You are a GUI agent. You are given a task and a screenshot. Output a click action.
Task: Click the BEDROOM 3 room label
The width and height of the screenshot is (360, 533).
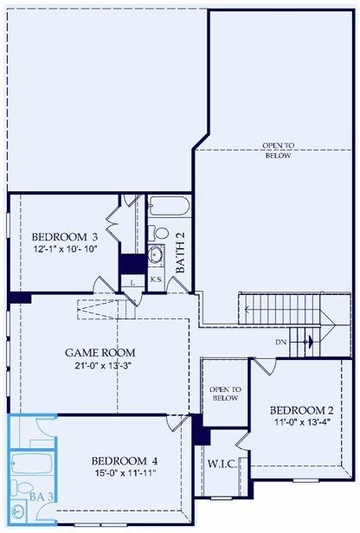(64, 236)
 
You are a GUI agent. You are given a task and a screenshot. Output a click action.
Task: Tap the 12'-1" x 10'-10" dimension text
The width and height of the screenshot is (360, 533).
(64, 249)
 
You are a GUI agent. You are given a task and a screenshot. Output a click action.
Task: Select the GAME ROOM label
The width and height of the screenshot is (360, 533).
(100, 353)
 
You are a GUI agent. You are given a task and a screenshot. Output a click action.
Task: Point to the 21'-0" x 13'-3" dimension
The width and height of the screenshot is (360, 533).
(100, 366)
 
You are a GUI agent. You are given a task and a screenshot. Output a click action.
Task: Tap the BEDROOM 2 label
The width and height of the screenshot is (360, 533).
(301, 409)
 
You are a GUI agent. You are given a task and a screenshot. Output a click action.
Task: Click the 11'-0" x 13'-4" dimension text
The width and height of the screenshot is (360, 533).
(301, 423)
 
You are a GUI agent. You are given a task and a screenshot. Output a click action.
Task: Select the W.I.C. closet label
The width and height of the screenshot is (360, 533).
(221, 463)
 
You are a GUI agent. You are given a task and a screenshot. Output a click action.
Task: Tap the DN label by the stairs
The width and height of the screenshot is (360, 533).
(280, 343)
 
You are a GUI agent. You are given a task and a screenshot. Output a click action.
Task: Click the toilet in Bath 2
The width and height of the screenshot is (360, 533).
(158, 233)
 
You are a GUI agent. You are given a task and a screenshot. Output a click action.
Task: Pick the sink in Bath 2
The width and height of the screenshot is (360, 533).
(157, 254)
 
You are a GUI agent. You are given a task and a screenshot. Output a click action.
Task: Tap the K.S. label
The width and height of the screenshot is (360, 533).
(157, 280)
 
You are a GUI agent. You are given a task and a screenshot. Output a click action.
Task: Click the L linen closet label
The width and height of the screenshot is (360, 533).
(132, 281)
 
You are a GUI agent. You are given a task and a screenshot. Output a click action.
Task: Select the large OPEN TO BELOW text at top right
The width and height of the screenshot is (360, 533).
(278, 150)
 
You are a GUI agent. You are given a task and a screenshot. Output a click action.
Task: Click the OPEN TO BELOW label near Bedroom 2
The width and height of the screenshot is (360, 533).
(225, 394)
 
